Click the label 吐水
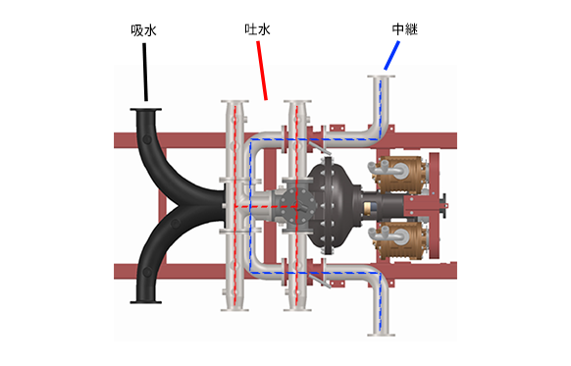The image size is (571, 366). [258, 31]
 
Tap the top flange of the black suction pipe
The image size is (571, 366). [147, 108]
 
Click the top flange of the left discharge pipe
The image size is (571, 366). [234, 102]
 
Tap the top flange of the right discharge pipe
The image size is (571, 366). [297, 102]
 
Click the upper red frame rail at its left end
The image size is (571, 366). [123, 138]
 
